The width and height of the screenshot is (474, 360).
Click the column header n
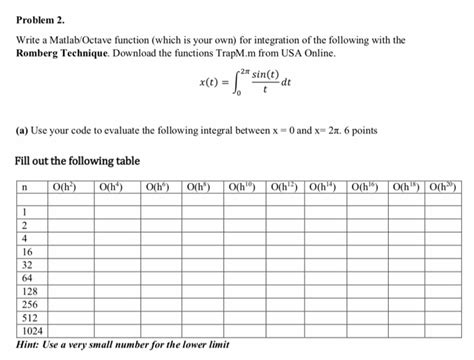point(23,185)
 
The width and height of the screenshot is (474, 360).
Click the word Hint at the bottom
point(31,346)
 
